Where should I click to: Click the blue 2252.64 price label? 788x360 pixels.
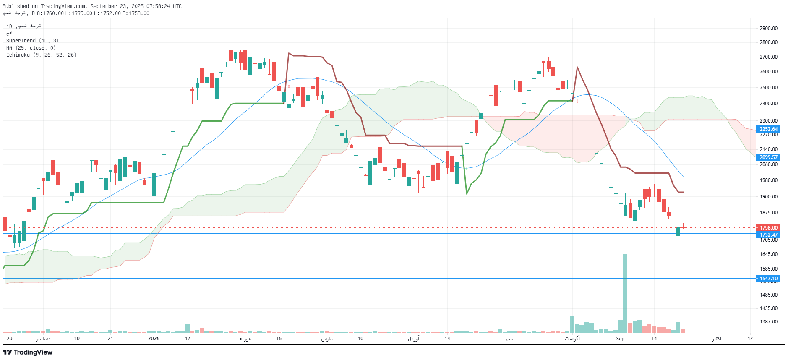click(768, 129)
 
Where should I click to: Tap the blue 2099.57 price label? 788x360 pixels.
click(768, 157)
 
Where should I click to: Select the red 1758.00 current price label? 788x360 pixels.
click(768, 228)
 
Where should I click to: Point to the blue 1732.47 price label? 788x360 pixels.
click(768, 235)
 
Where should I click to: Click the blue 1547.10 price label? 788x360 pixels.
click(768, 279)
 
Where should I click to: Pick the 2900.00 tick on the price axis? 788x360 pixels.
click(768, 29)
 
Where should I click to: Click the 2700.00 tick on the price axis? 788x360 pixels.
click(768, 57)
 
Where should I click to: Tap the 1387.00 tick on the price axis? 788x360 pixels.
click(768, 322)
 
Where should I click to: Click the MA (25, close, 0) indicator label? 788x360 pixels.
click(31, 48)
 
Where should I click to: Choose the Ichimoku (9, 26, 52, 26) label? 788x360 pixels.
click(41, 55)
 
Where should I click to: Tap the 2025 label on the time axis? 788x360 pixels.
click(154, 339)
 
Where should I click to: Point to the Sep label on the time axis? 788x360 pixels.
click(620, 339)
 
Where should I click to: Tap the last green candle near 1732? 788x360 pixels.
click(678, 232)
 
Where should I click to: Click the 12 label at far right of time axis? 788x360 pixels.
click(750, 339)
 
